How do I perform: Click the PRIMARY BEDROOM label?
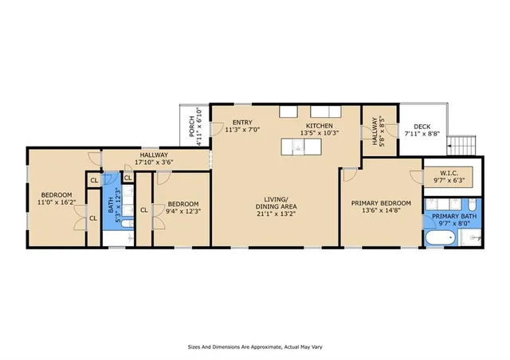[x=381, y=203]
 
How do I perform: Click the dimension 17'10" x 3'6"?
[x=154, y=163]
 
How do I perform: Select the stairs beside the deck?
[x=463, y=146]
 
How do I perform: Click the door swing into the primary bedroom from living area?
[x=349, y=177]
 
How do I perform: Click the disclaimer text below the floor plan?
[x=255, y=347]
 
